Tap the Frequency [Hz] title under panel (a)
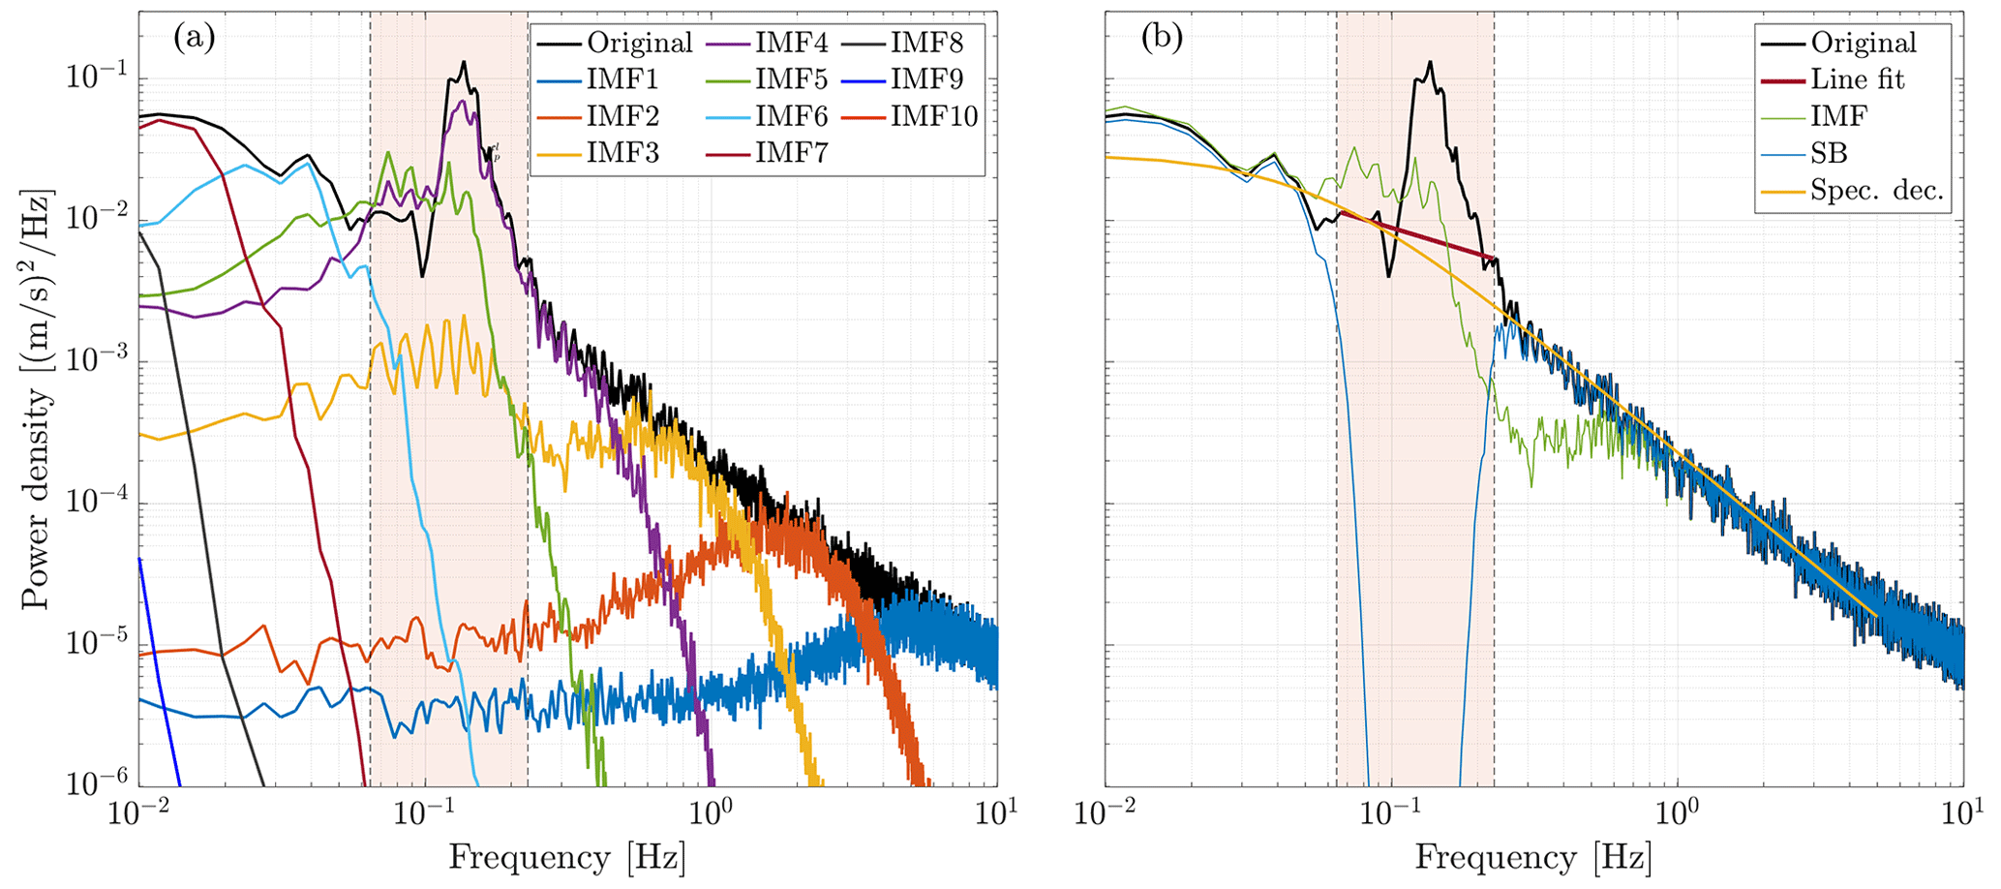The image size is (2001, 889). point(566,857)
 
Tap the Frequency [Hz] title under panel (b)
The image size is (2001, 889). point(1533,857)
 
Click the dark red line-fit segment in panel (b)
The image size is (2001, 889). point(1413,236)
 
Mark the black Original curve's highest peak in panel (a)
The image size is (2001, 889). point(464,63)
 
